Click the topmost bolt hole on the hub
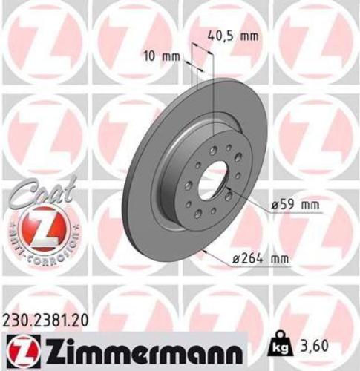pos(214,150)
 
